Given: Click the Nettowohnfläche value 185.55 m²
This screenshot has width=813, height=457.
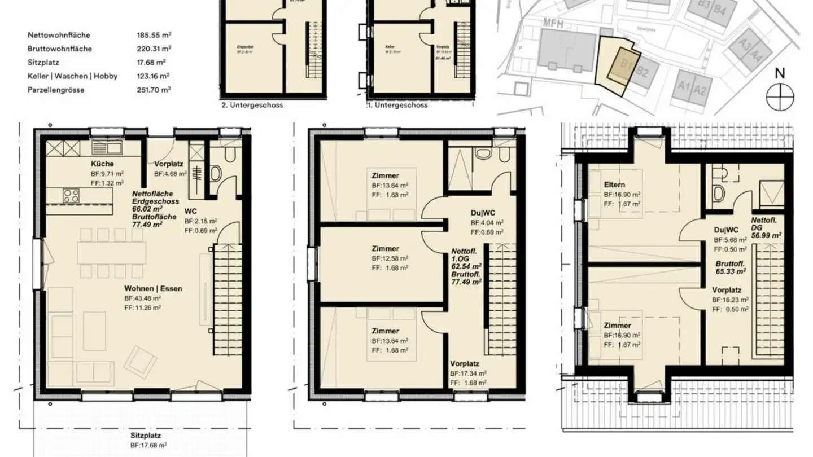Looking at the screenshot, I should [154, 35].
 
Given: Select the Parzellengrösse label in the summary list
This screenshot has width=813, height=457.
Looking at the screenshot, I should [56, 89].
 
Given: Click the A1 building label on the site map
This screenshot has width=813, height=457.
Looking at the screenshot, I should [685, 87].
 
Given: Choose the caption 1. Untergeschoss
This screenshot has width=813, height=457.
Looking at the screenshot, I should [397, 105].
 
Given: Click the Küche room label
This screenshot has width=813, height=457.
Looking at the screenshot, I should [102, 164].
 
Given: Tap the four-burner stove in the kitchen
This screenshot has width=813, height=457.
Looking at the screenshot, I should [71, 196].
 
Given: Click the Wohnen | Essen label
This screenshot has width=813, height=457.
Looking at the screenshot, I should [153, 288].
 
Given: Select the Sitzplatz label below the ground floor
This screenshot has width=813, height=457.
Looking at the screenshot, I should [146, 435].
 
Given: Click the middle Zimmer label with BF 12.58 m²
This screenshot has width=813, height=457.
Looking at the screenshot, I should [385, 248].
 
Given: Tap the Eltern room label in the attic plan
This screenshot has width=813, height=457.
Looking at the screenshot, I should [615, 184].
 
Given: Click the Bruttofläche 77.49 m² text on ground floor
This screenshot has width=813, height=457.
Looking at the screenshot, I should [147, 220].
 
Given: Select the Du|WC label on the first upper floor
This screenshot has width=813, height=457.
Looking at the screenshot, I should [482, 212].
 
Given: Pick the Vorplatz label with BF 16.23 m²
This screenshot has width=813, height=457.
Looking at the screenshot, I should [727, 289].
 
